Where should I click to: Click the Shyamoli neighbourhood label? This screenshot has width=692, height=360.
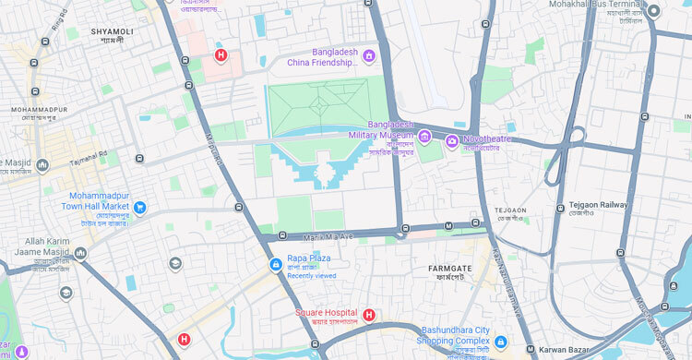[x=112, y=31]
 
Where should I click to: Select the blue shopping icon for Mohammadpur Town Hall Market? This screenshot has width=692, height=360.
[x=139, y=208]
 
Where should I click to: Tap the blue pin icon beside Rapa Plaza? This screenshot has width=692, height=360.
[x=275, y=265]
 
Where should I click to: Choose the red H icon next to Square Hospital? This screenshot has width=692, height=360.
[x=369, y=315]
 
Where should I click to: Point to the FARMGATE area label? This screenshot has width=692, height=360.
[x=450, y=269]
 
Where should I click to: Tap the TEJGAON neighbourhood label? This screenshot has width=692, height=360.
[x=510, y=210]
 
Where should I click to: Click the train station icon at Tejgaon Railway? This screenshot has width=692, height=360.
[x=560, y=210]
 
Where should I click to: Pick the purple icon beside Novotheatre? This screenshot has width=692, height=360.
[x=451, y=140]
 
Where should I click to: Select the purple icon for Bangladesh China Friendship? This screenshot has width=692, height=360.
[x=369, y=56]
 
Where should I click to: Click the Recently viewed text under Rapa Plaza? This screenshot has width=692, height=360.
[x=312, y=276]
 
